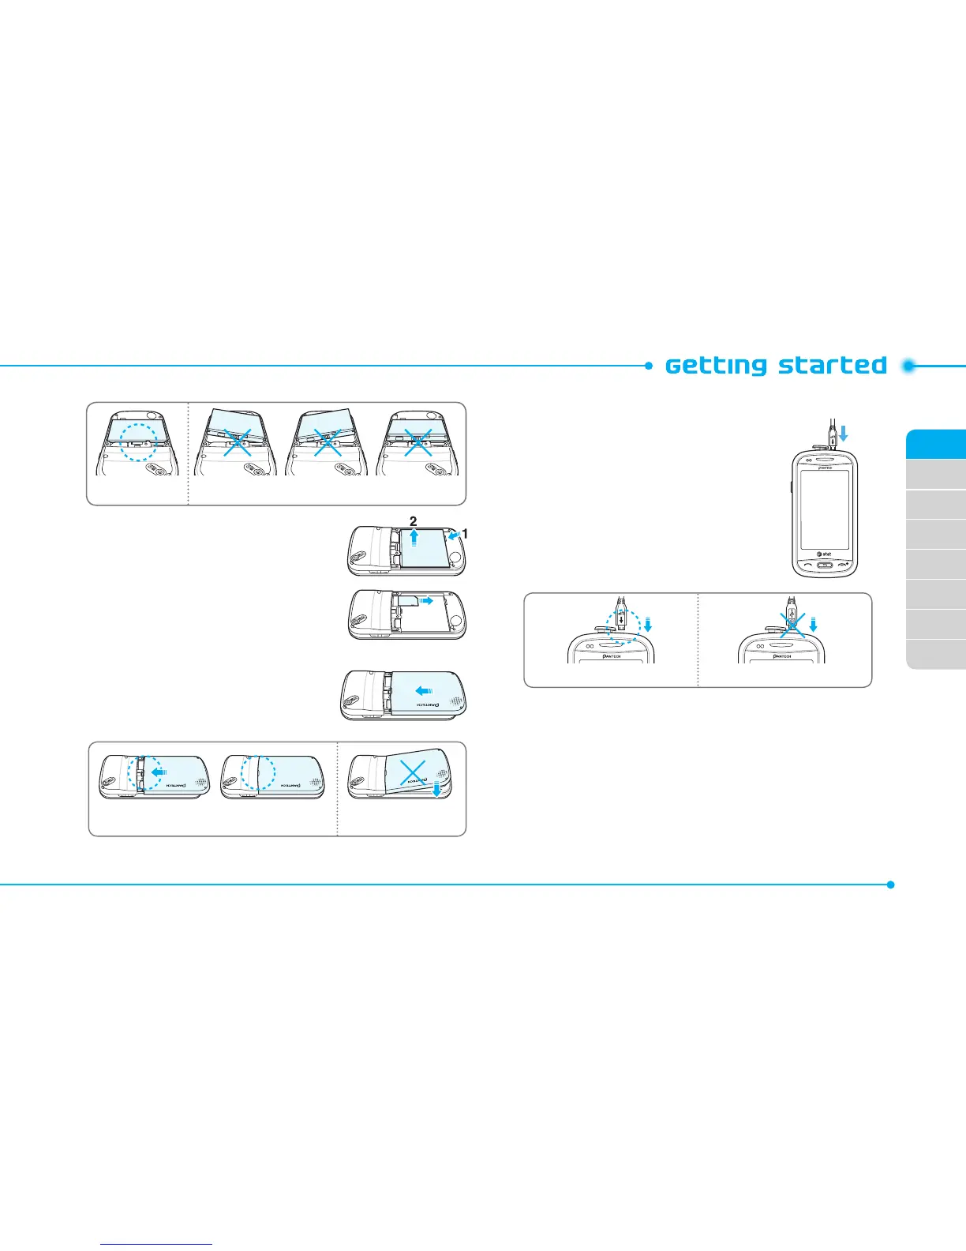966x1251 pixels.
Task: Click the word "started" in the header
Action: tap(832, 366)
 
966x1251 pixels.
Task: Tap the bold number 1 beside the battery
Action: tap(465, 534)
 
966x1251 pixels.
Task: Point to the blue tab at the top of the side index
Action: tap(936, 444)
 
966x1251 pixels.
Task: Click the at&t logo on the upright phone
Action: tap(823, 554)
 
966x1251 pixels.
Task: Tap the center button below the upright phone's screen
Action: tap(824, 565)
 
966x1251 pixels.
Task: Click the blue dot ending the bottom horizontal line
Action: tap(890, 885)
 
